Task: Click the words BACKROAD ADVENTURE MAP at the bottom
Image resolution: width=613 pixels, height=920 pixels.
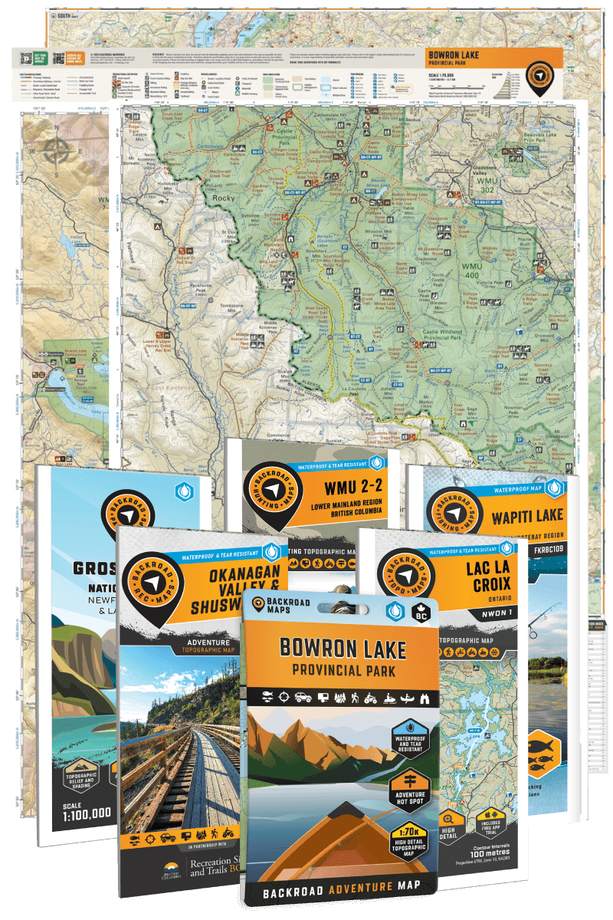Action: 339,894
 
